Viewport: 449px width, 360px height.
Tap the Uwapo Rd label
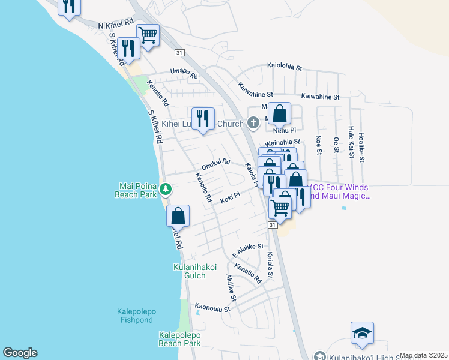184,73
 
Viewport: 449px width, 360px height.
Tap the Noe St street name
318,145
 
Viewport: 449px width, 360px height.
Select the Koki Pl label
229,196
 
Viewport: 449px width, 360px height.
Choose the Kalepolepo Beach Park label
179,339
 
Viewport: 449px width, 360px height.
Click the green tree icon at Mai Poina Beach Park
166,190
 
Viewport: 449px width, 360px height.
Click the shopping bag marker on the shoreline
178,215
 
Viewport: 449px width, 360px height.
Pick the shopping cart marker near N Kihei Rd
147,34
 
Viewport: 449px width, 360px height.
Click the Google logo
20,353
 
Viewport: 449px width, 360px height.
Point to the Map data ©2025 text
423,355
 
